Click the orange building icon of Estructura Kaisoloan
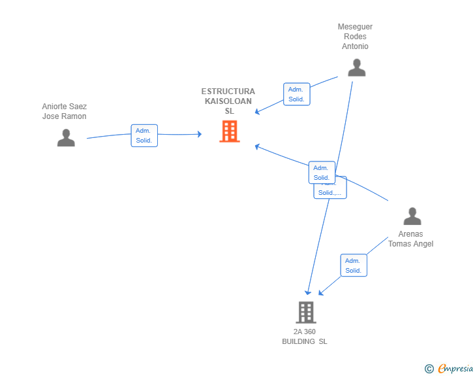tap(229, 131)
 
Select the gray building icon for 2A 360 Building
tap(305, 312)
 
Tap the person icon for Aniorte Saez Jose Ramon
tap(66, 137)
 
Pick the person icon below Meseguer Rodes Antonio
tap(356, 67)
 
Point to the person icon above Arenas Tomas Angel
tap(412, 216)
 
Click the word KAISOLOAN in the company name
tap(228, 101)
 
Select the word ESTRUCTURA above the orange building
tap(228, 92)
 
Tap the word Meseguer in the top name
tap(355, 27)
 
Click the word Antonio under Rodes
tap(355, 46)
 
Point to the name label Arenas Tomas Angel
tap(410, 239)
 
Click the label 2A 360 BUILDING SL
tap(305, 337)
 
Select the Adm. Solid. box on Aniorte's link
tap(144, 135)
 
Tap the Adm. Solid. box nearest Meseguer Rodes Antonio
tap(296, 94)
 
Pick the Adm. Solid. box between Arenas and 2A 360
tap(353, 265)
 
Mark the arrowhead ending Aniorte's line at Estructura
tap(199, 134)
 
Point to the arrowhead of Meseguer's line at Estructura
tap(258, 112)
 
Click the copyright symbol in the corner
tap(429, 369)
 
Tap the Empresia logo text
tap(455, 369)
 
